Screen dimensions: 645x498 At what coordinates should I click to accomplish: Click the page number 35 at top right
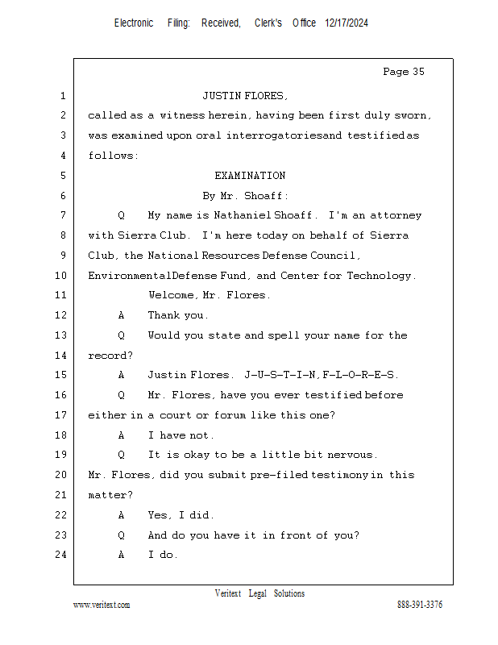coord(417,72)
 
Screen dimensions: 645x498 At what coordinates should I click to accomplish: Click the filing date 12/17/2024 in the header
coord(347,23)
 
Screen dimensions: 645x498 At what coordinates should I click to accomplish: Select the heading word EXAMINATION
coord(250,176)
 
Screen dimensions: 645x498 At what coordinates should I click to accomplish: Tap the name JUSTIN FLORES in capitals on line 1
coord(244,96)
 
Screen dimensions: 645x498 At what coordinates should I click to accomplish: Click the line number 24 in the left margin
coord(61,555)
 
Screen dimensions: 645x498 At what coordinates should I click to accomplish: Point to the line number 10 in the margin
coord(61,276)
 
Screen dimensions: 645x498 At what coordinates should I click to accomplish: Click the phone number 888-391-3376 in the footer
coord(420,605)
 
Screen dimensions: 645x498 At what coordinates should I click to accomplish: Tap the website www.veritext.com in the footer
coord(102,605)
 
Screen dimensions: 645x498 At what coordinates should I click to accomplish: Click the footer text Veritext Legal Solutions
coord(259,593)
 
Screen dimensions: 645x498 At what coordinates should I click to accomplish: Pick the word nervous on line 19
coord(350,455)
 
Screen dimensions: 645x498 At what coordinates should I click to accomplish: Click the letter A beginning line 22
coord(121,514)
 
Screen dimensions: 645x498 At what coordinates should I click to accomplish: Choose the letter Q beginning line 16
coord(121,395)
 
